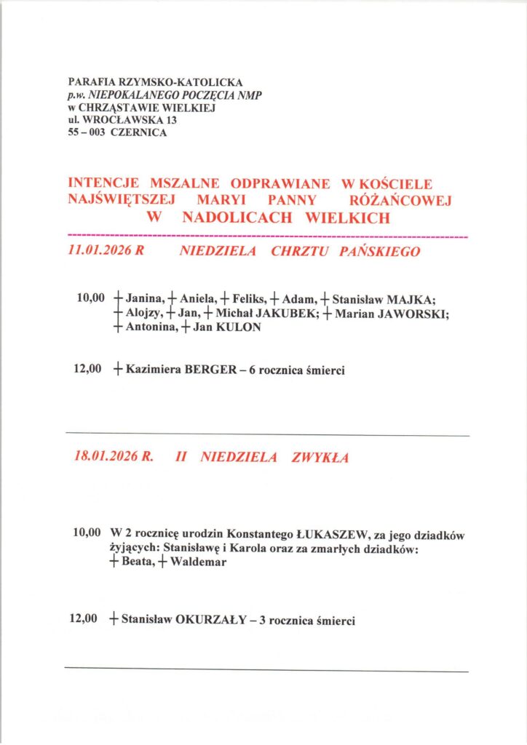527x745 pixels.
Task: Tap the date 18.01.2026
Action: tap(107, 458)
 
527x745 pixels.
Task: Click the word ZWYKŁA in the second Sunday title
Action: tap(320, 458)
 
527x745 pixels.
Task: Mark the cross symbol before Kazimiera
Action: tap(118, 370)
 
